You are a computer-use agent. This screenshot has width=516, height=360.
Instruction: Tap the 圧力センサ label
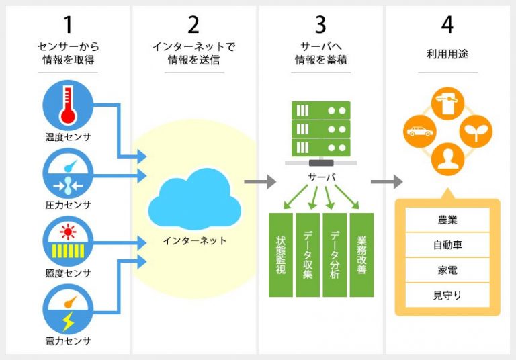(69, 205)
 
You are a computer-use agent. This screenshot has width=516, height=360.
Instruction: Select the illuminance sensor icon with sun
(69, 240)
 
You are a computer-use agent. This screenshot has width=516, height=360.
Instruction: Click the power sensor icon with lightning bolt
(69, 310)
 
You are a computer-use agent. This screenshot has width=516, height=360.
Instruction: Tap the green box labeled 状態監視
(280, 255)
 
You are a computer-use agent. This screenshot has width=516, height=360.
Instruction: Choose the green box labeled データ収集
(307, 255)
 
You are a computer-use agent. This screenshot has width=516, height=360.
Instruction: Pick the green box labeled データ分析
(334, 255)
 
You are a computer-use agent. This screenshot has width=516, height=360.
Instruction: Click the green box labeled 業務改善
(361, 255)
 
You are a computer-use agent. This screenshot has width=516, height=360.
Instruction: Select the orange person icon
(448, 159)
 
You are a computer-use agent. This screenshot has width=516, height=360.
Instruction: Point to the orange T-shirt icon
(448, 102)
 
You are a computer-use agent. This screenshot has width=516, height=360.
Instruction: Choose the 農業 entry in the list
(447, 220)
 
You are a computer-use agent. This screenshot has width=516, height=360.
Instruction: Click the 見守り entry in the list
(447, 294)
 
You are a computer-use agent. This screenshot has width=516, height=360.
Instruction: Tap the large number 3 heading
(320, 25)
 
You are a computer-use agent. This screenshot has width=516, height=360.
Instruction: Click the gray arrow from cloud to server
(259, 181)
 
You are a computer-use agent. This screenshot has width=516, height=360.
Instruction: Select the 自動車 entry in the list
(447, 244)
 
